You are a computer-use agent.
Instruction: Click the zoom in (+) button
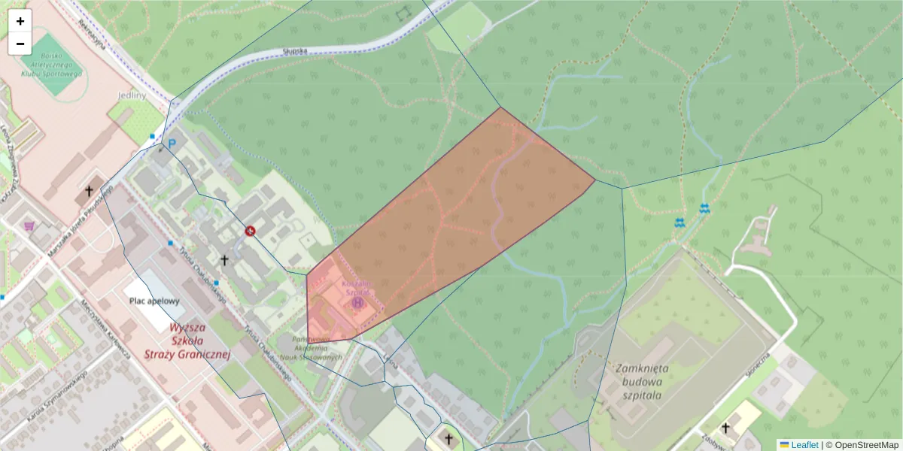[20, 21]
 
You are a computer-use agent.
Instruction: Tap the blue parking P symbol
[172, 144]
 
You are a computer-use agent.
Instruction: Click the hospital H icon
[357, 302]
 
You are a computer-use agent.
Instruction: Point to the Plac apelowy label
[155, 301]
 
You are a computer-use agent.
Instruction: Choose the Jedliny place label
[132, 96]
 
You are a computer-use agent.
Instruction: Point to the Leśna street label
[391, 363]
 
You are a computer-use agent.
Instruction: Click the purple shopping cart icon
[29, 225]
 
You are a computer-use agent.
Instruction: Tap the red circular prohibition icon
[251, 231]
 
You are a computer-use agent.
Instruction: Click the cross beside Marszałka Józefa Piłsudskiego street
[89, 192]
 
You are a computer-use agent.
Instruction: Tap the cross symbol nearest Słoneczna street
[725, 428]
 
